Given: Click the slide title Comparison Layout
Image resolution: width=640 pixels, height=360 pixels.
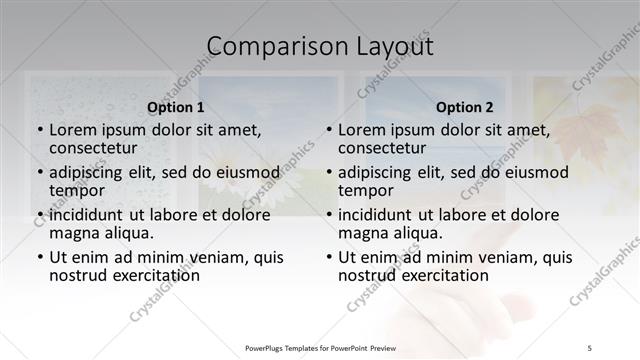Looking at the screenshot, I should pyautogui.click(x=320, y=46).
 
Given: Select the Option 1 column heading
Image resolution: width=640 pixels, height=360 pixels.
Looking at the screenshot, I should pyautogui.click(x=175, y=107).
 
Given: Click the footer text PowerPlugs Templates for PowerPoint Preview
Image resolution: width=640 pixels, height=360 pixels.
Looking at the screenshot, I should pyautogui.click(x=320, y=348).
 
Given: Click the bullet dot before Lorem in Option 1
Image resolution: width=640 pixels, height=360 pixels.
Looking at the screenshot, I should pyautogui.click(x=39, y=130).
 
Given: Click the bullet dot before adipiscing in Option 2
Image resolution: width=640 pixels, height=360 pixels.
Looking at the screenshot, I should pyautogui.click(x=328, y=172).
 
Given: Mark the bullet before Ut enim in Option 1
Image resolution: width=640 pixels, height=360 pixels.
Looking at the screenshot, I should pyautogui.click(x=39, y=257).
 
